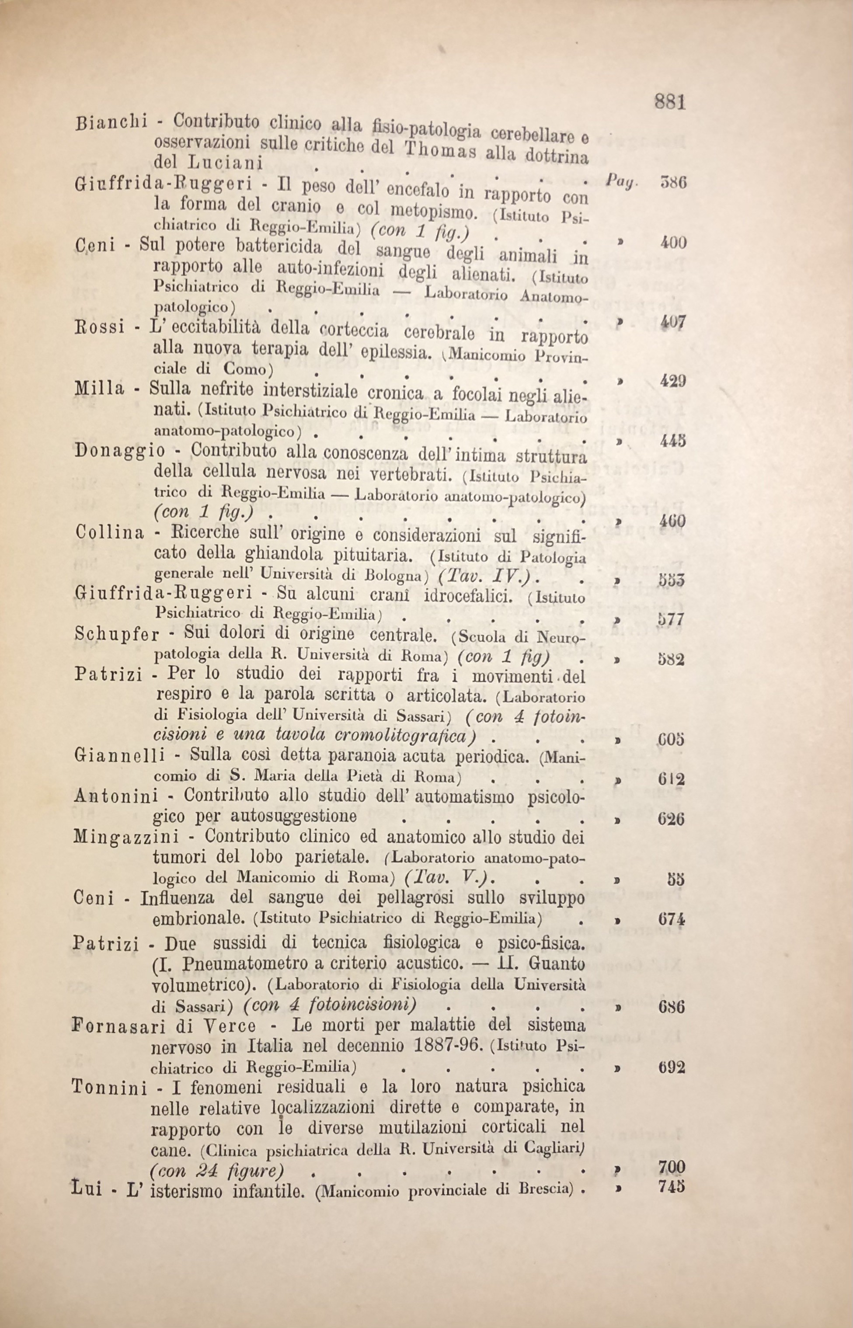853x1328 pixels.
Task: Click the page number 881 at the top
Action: point(670,102)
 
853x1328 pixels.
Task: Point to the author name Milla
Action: point(99,389)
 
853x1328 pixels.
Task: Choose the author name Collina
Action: point(108,533)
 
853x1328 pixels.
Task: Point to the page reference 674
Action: point(672,919)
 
